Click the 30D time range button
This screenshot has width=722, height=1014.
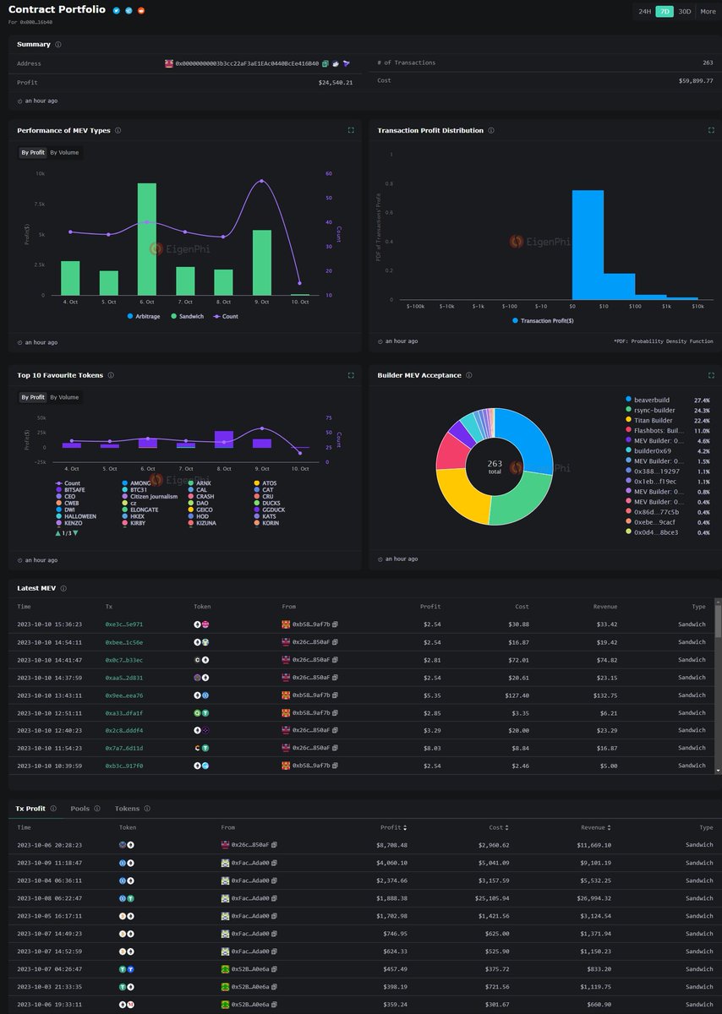tap(684, 12)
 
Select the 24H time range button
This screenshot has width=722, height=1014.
tap(645, 12)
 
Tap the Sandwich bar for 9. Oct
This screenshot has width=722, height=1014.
tap(262, 263)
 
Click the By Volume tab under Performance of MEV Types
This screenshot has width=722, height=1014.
tap(64, 152)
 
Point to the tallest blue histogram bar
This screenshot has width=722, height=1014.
tap(588, 244)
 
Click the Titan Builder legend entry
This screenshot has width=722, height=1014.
tap(652, 420)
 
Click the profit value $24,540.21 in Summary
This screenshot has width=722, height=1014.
tap(336, 82)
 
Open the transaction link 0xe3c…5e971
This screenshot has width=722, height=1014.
tap(124, 624)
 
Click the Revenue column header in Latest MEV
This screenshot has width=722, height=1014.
tap(604, 607)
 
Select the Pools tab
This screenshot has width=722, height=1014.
tap(80, 809)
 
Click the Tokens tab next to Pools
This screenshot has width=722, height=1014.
tap(127, 809)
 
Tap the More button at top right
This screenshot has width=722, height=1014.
tap(708, 12)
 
